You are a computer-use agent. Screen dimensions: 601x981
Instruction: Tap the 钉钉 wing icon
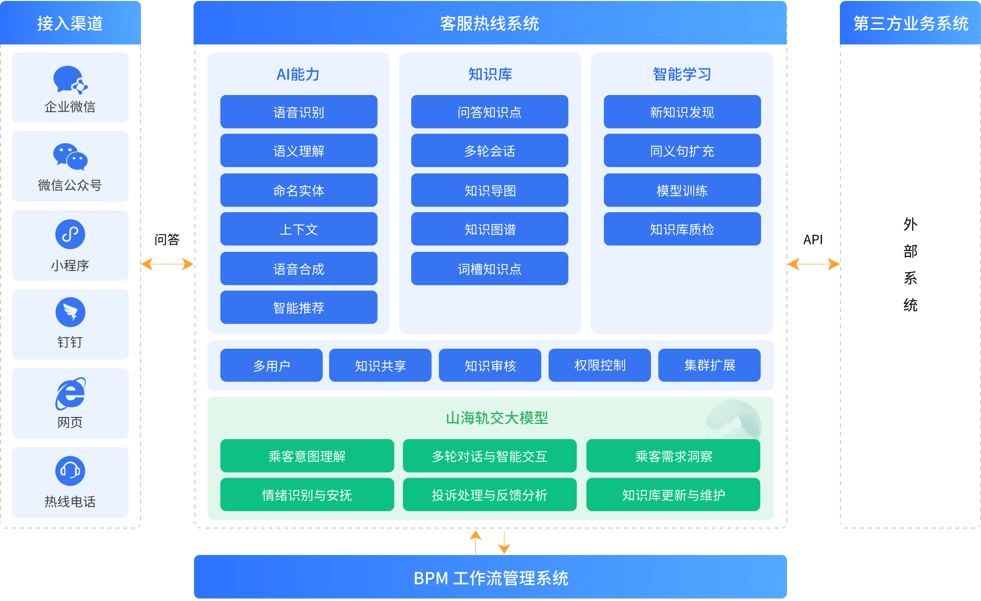(70, 312)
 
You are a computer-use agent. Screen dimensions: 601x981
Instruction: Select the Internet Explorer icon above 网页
(70, 393)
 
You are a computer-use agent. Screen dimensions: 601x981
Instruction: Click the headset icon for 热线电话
(70, 471)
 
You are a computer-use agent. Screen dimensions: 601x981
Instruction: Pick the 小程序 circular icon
(70, 234)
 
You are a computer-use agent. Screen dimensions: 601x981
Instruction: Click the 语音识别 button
(299, 112)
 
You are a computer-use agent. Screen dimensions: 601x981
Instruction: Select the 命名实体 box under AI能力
(299, 190)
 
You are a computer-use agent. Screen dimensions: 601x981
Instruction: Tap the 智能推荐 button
(299, 308)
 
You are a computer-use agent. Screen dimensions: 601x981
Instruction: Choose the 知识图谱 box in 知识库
(490, 229)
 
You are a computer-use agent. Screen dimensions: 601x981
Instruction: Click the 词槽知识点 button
(490, 269)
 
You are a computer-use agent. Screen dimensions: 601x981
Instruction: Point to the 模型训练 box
(682, 190)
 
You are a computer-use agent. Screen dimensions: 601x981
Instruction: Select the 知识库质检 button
(682, 229)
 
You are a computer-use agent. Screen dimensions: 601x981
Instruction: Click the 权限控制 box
(599, 365)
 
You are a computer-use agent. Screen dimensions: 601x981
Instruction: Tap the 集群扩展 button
(709, 365)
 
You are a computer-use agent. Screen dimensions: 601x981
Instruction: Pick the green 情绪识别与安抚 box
(307, 495)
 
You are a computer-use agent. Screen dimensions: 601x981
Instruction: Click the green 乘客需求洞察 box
(673, 456)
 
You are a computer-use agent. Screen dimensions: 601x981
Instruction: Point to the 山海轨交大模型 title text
(496, 418)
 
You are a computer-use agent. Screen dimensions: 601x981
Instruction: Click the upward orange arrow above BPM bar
(476, 541)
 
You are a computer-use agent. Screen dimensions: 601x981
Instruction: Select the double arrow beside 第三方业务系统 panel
(813, 264)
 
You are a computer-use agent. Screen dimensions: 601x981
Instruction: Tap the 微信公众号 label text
(70, 185)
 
